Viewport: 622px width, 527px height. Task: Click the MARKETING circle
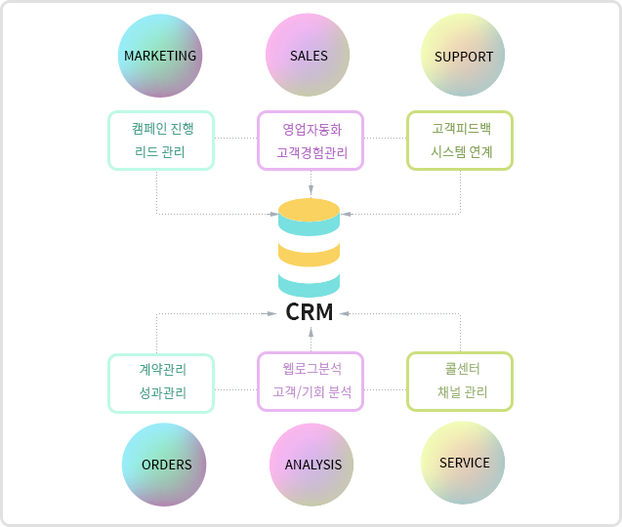[x=160, y=56]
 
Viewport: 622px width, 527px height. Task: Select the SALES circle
[x=309, y=56]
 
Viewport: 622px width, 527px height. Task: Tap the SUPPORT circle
[x=464, y=56]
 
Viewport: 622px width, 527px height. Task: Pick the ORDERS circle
[x=166, y=465]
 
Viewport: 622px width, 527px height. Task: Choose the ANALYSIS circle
[x=312, y=465]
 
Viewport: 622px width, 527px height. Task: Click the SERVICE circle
[x=464, y=463]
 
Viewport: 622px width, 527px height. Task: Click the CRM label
[x=310, y=312]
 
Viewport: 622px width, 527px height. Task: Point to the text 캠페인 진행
[x=160, y=128]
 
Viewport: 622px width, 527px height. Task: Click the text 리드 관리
[x=160, y=152]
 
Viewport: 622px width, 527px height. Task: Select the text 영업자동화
[x=311, y=128]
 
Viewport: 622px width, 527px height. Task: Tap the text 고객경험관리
[x=311, y=152]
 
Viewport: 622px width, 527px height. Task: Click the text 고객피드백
[x=461, y=128]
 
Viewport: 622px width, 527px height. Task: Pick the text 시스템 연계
[x=461, y=152]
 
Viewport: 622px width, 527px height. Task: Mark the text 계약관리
[x=161, y=370]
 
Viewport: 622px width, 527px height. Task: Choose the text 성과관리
[x=161, y=394]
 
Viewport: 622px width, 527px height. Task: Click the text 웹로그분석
[x=311, y=369]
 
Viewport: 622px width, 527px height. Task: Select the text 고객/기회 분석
[x=311, y=393]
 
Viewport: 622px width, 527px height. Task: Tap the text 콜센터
[x=461, y=369]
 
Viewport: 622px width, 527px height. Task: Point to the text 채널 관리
[x=461, y=393]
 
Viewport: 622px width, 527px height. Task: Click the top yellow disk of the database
[x=309, y=209]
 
